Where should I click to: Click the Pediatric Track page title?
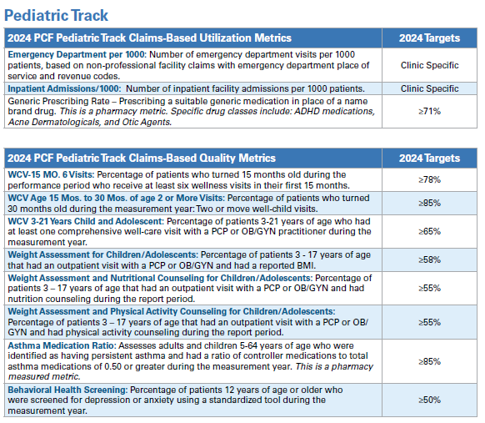click(x=57, y=16)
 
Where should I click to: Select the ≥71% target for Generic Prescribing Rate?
click(x=429, y=111)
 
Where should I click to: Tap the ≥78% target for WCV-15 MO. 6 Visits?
click(x=429, y=179)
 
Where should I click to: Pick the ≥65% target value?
click(x=429, y=231)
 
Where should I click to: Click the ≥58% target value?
click(x=429, y=259)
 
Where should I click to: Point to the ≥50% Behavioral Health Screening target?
click(x=429, y=400)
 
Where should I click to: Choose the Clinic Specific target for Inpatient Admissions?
click(x=429, y=88)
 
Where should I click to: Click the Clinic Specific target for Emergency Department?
click(x=429, y=65)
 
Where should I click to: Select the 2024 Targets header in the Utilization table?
click(x=429, y=38)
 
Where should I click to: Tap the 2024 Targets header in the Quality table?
click(x=429, y=159)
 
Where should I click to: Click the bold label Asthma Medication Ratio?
click(x=62, y=345)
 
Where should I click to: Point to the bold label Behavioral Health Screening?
click(x=67, y=390)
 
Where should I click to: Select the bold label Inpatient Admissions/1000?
click(x=64, y=88)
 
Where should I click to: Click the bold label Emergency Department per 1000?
click(x=77, y=54)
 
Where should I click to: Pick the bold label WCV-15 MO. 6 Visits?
click(x=51, y=174)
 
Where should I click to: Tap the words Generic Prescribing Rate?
click(x=59, y=101)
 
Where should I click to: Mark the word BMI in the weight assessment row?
click(x=307, y=265)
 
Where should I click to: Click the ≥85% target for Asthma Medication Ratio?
click(x=429, y=361)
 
